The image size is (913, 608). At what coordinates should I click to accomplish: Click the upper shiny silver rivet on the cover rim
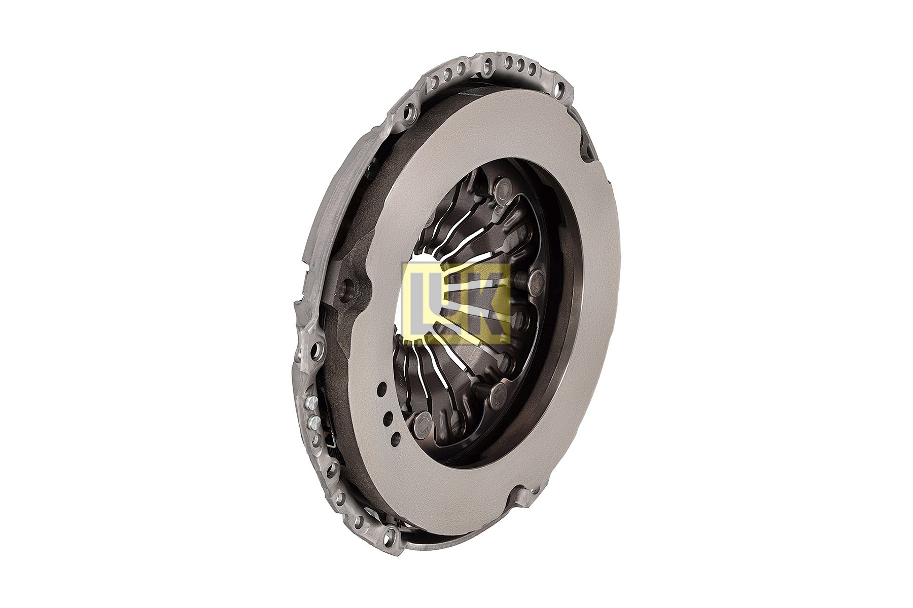(x=309, y=403)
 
